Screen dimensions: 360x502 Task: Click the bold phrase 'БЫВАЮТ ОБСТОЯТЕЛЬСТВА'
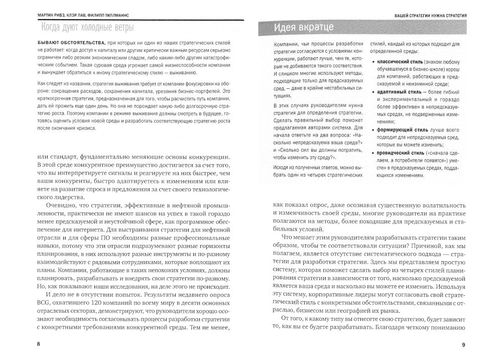[x=67, y=43]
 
